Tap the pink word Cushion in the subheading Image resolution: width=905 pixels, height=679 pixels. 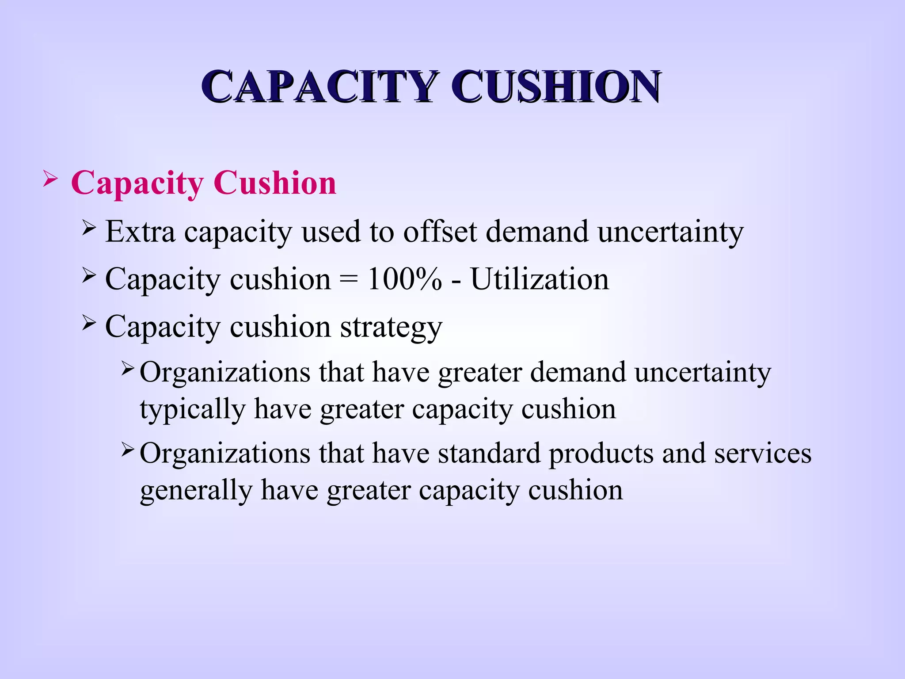pyautogui.click(x=274, y=183)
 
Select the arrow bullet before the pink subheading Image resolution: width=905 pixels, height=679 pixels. pyautogui.click(x=50, y=180)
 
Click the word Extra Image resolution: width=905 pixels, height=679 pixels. pyautogui.click(x=140, y=231)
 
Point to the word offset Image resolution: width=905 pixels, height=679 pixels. pyautogui.click(x=440, y=231)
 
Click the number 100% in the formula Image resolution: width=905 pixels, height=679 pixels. pyautogui.click(x=404, y=279)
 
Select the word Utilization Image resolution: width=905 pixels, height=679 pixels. pyautogui.click(x=540, y=279)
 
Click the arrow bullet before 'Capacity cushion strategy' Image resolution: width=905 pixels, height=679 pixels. pyautogui.click(x=89, y=324)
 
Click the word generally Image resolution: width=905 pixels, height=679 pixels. pyautogui.click(x=196, y=491)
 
